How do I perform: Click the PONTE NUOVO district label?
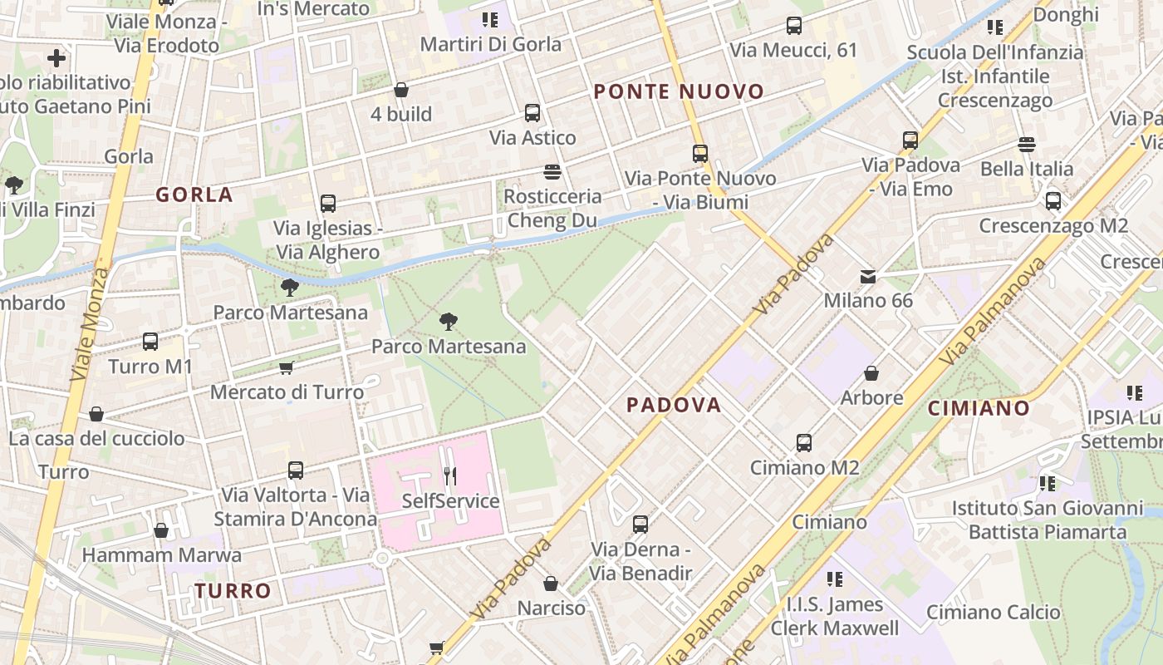point(679,92)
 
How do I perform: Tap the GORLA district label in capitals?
point(194,195)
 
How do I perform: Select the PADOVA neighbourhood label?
point(674,405)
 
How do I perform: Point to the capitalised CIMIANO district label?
point(979,408)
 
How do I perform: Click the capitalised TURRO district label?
point(233,591)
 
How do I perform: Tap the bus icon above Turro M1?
point(150,341)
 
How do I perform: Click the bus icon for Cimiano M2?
point(803,442)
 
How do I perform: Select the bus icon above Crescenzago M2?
point(1053,200)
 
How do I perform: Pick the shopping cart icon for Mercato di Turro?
point(287,367)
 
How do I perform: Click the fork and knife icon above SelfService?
point(450,476)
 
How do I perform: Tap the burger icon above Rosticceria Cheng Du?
point(552,172)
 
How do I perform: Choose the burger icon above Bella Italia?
point(1027,145)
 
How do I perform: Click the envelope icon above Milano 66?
point(868,276)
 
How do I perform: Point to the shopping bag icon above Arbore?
point(871,373)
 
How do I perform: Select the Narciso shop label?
point(552,608)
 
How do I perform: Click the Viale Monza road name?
point(91,324)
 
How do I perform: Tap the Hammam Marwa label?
point(162,554)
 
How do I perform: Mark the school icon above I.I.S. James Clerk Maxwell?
point(835,579)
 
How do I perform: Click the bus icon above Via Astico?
point(532,113)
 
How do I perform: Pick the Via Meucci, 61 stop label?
point(793,51)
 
